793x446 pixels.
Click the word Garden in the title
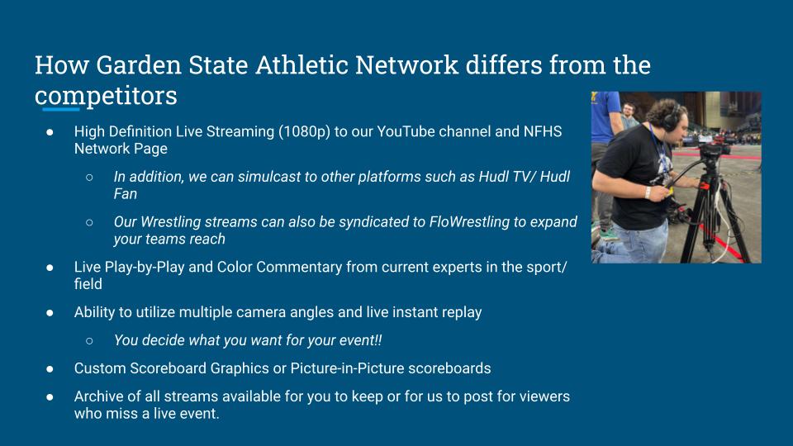click(x=139, y=65)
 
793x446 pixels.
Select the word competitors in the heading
click(x=106, y=96)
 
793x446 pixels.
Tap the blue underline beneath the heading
click(x=60, y=109)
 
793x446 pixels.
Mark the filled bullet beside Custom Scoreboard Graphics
click(x=50, y=369)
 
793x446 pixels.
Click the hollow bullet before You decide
click(x=89, y=341)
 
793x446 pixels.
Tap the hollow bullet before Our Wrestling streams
click(x=89, y=222)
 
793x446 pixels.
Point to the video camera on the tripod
click(x=713, y=149)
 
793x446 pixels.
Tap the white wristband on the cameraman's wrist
click(x=648, y=192)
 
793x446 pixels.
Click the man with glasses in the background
click(x=629, y=116)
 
